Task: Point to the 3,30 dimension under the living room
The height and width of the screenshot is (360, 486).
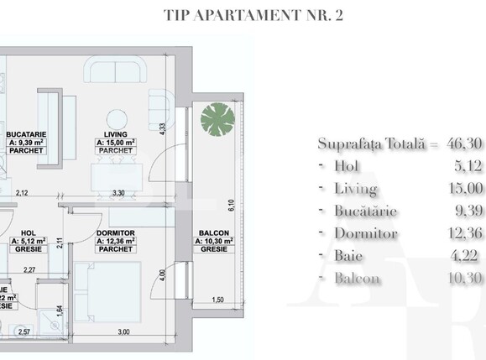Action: [x=119, y=193]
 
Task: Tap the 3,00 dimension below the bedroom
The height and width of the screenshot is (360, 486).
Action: [x=123, y=332]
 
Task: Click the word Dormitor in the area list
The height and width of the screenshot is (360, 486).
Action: [x=364, y=233]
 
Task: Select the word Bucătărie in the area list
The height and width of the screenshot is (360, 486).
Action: [x=366, y=211]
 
